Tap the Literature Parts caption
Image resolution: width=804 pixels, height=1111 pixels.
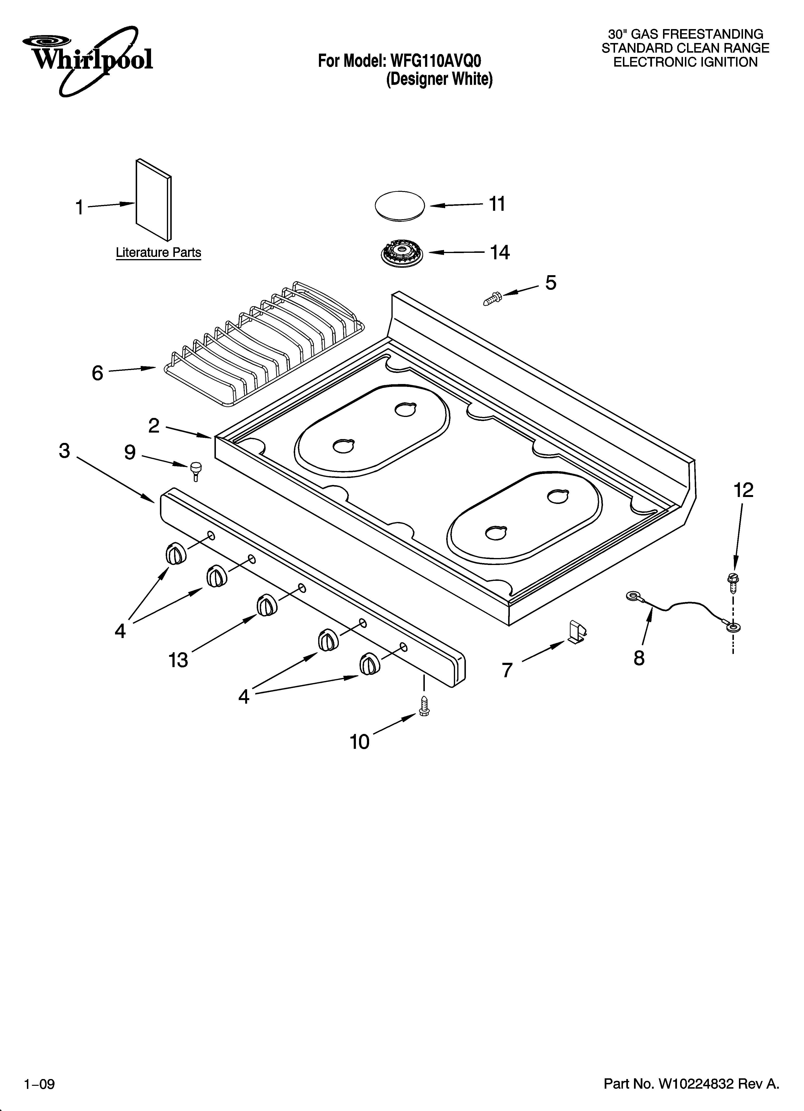coord(158,253)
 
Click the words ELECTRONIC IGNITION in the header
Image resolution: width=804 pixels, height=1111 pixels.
coord(686,62)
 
